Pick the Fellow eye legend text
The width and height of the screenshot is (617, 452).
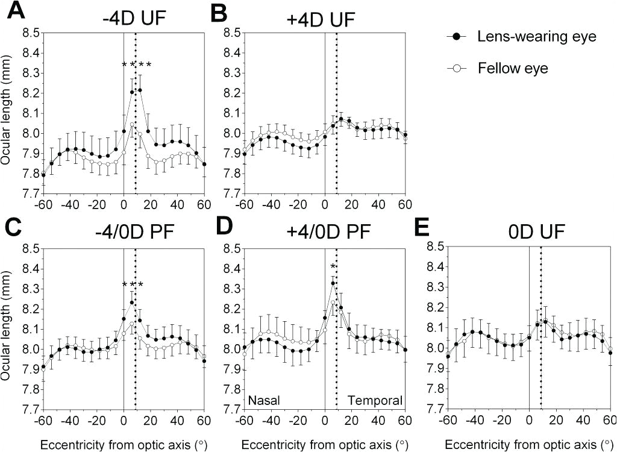pyautogui.click(x=513, y=69)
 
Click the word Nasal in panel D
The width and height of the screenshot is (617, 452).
pyautogui.click(x=263, y=400)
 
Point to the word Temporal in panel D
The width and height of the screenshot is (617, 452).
pyautogui.click(x=374, y=400)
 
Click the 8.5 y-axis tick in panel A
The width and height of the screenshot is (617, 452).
pyautogui.click(x=32, y=33)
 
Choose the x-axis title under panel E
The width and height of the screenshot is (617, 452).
pyautogui.click(x=528, y=444)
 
